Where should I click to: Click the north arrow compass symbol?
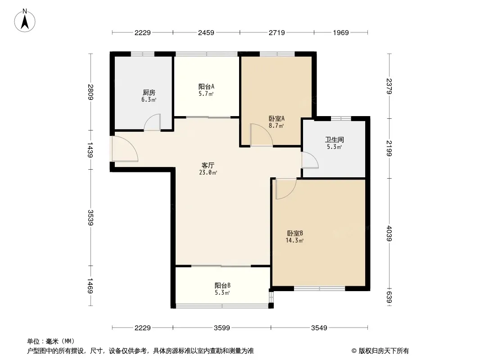coord(25,20)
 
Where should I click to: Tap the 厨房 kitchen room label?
coord(149,92)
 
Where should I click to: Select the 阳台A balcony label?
coord(206,86)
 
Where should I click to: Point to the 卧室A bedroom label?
coord(277,118)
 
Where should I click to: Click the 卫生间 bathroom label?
coord(334,140)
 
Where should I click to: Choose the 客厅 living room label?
coord(208,166)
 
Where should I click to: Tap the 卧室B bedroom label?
coord(295,234)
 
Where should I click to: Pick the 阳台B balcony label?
coord(222,286)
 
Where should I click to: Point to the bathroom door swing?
coord(310,160)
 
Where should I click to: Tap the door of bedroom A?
coord(262,135)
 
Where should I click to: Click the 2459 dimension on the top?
coord(206,32)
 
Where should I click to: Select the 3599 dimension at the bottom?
coord(222,328)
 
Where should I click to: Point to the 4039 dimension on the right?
coord(389,234)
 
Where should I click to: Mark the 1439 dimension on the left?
coord(91,149)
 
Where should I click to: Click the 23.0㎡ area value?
coord(208,172)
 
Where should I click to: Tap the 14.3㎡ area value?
coord(294,240)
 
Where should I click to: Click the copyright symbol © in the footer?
coord(354,351)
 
